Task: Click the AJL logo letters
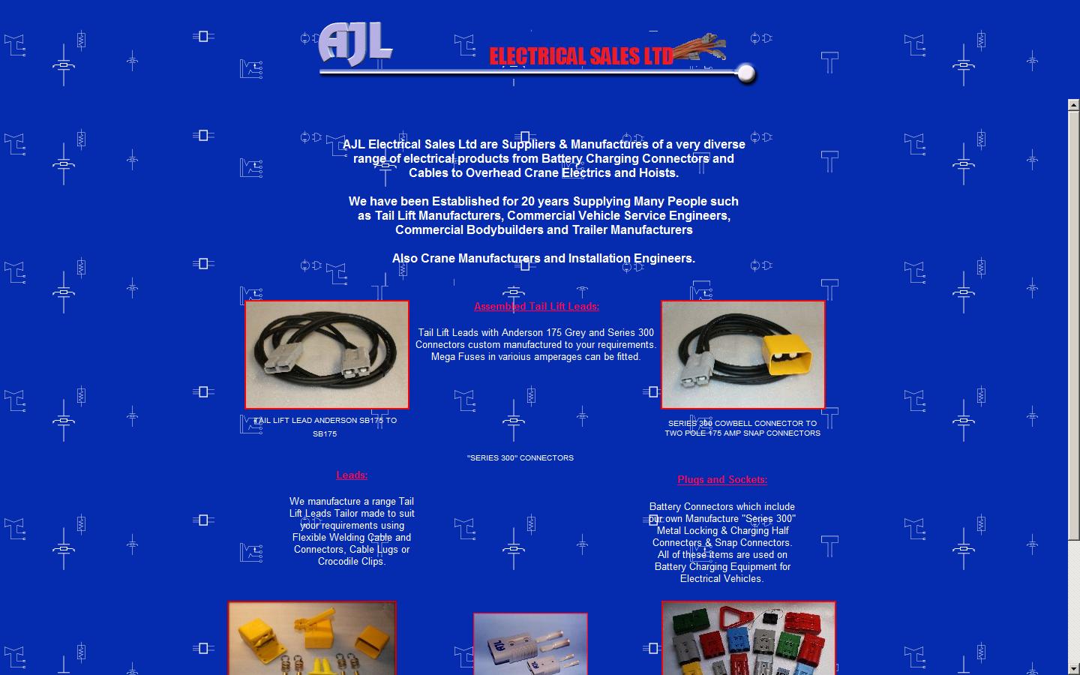355,43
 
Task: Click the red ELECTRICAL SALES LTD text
581,56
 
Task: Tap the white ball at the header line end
746,73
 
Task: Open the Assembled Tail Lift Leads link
537,306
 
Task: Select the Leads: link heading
352,475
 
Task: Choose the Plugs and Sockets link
722,479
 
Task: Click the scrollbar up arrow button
1073,105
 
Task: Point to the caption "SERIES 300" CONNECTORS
520,457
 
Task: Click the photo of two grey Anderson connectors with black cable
327,355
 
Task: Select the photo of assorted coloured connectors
748,637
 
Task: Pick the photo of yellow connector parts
312,637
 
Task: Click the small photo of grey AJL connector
530,643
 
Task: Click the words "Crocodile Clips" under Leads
350,562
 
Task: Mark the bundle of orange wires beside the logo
699,47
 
